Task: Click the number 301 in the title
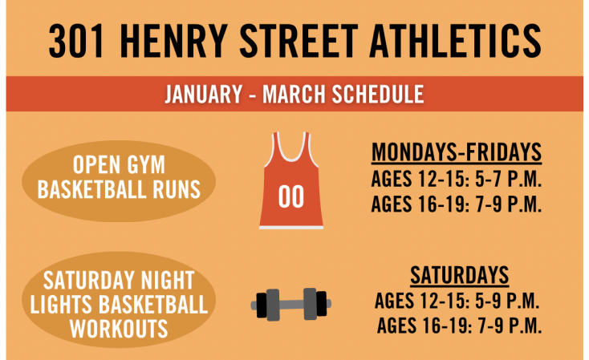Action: pos(76,42)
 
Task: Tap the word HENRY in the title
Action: pos(173,42)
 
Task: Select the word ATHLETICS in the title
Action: pos(455,42)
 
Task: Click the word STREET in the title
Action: pos(299,42)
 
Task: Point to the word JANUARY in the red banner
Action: pos(203,94)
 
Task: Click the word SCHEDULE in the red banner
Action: pos(377,94)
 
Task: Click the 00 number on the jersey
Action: pos(291,196)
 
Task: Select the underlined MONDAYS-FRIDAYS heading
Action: pos(457,152)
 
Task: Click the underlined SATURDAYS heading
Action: pos(460,275)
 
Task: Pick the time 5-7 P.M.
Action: pos(508,179)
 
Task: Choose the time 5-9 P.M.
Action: pos(506,301)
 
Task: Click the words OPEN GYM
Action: pos(119,164)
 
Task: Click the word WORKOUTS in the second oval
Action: pos(119,329)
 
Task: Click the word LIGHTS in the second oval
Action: pos(61,305)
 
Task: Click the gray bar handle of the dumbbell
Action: pos(291,304)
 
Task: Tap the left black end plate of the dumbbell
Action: pos(262,305)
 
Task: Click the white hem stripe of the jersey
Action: pos(291,228)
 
